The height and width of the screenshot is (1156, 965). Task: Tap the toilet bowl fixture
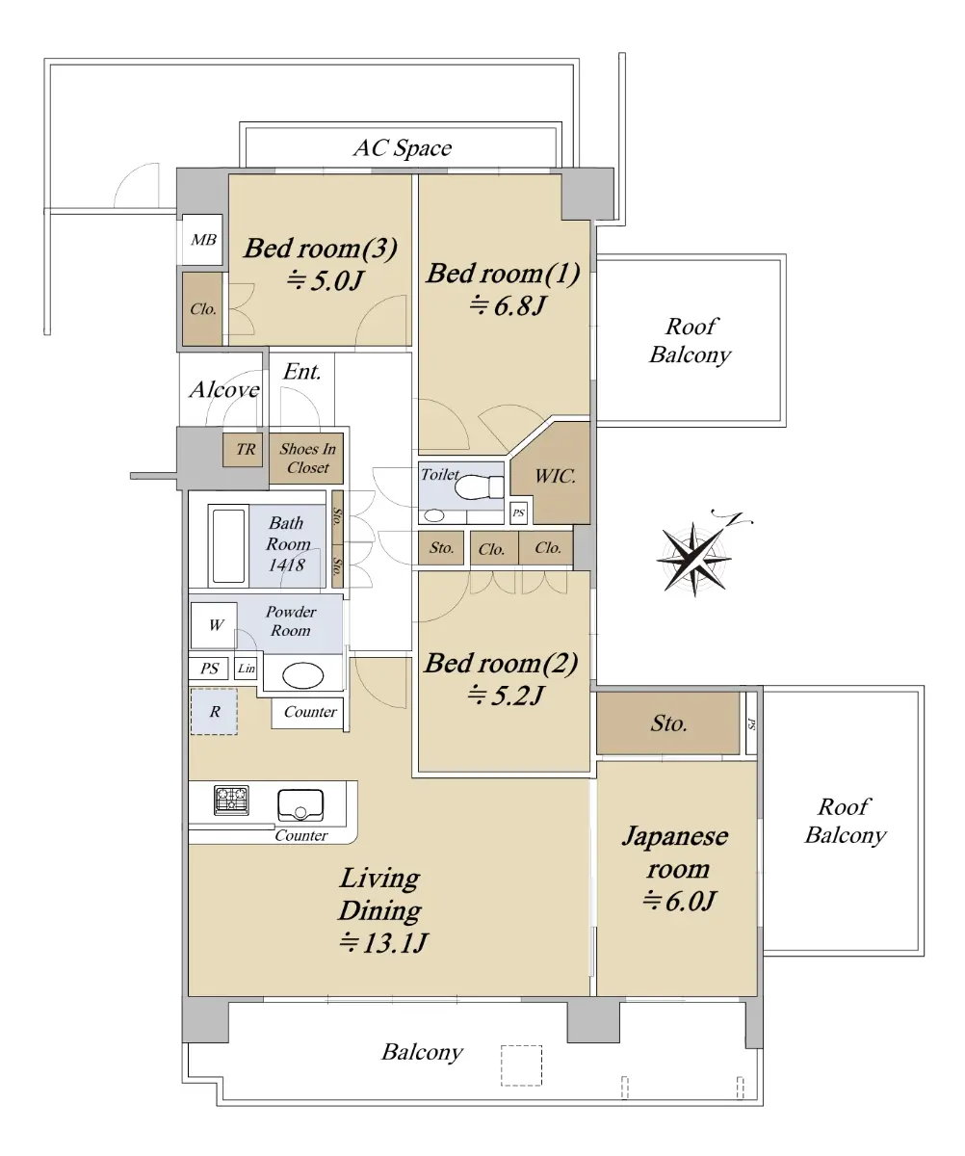click(479, 487)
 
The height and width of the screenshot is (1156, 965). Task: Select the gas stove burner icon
click(231, 800)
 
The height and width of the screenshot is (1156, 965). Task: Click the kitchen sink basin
click(300, 805)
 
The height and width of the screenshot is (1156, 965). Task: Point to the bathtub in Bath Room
click(228, 546)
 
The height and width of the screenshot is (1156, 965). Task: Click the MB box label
click(203, 240)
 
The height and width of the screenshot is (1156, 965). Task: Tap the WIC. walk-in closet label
click(556, 476)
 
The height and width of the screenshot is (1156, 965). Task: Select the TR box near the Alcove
click(243, 449)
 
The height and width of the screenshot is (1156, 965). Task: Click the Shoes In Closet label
click(307, 458)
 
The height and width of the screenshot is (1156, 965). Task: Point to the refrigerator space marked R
click(214, 712)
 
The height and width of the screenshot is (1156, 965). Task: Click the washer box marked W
click(214, 625)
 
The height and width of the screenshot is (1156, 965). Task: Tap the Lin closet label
click(247, 669)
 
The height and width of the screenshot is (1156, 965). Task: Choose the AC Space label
click(403, 147)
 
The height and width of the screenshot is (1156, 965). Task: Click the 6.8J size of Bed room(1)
click(509, 305)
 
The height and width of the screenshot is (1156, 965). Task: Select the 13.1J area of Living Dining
click(383, 942)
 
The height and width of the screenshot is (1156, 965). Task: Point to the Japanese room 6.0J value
click(679, 901)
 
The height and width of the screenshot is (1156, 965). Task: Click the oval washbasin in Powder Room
click(302, 676)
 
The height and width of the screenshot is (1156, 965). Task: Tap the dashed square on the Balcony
click(522, 1065)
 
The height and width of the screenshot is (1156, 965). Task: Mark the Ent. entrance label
click(301, 372)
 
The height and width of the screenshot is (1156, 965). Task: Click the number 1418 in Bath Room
click(286, 565)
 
